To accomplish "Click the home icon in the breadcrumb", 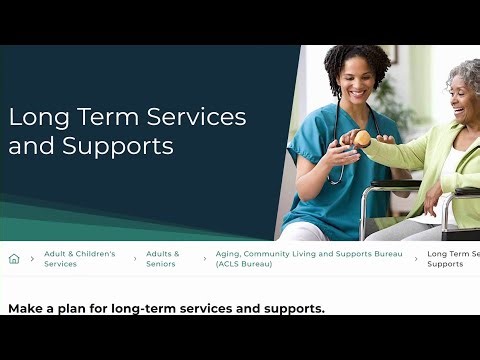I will pos(14,259).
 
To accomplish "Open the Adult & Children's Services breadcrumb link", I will pos(79,259).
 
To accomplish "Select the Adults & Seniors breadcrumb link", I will pos(163,259).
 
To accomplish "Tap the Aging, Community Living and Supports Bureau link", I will pos(309,259).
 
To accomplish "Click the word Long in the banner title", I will pos(38,117).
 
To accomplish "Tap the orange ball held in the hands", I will pos(361,138).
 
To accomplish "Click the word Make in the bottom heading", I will pos(27,308).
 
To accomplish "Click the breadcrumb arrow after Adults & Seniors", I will pos(205,259).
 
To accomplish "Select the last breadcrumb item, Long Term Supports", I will pos(452,259).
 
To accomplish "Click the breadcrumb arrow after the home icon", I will pos(33,259).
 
